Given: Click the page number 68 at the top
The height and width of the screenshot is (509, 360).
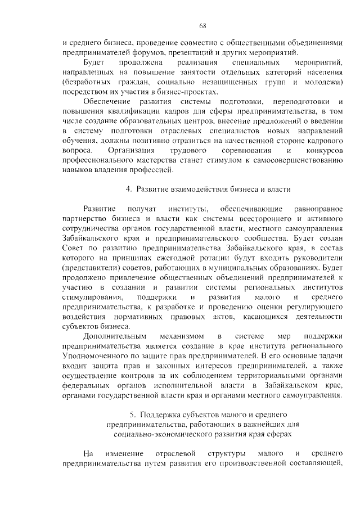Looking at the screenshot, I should (x=202, y=25).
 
